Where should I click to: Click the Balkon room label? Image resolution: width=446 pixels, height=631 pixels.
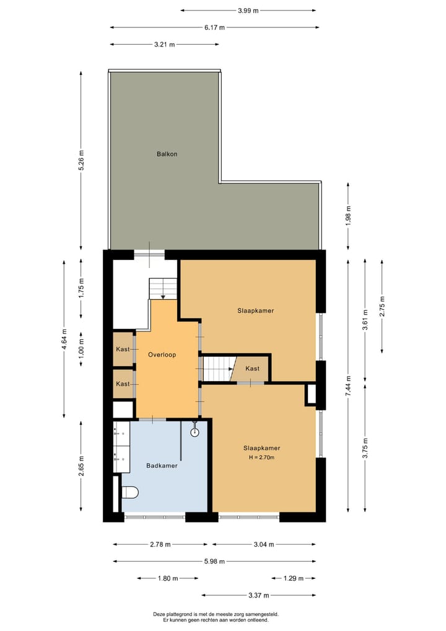(x=167, y=153)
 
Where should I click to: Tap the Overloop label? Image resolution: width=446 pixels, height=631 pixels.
(x=162, y=355)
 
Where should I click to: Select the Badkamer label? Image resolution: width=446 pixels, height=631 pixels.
(x=162, y=465)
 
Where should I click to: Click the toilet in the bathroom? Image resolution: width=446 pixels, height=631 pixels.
(x=130, y=492)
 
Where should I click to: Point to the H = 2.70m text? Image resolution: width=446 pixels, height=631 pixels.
(x=261, y=457)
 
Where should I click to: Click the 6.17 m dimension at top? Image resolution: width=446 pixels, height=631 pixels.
(x=214, y=27)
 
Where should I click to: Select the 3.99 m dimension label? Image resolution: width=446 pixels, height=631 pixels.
(x=248, y=11)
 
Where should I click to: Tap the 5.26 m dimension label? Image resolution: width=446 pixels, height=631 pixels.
(x=81, y=159)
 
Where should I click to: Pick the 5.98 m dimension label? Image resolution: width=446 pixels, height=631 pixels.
(x=214, y=562)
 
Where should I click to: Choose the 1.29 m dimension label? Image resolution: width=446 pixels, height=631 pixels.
(x=292, y=578)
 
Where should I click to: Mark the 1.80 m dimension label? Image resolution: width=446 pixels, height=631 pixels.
(x=167, y=578)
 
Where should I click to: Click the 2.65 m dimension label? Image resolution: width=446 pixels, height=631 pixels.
(x=81, y=466)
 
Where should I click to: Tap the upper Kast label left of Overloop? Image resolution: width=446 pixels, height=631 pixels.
(x=123, y=349)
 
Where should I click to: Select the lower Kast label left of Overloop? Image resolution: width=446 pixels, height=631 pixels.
(x=123, y=384)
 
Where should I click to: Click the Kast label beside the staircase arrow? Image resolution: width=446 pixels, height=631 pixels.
(x=252, y=369)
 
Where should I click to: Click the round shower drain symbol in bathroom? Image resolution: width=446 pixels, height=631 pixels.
(x=195, y=432)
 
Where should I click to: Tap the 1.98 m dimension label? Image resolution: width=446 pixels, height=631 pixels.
(x=349, y=215)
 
